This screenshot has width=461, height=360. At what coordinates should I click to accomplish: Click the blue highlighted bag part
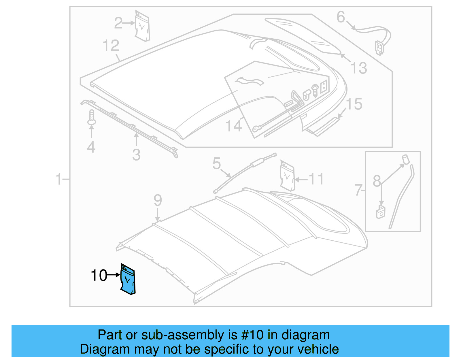tap(128, 280)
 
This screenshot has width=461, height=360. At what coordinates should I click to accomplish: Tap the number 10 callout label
tap(99, 275)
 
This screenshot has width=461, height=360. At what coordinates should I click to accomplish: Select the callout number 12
tap(111, 46)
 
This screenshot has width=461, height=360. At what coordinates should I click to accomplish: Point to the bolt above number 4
tap(92, 118)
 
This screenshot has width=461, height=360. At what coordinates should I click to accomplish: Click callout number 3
tap(136, 155)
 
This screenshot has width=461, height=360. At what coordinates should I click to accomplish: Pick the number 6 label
tap(341, 17)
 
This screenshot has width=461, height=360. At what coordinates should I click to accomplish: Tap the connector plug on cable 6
tap(379, 48)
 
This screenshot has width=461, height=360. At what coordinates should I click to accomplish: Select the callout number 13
tap(359, 68)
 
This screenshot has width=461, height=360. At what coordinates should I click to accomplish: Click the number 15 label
tap(354, 104)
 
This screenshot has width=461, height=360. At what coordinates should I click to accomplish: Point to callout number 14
tap(233, 126)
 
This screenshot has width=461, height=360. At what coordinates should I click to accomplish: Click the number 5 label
tap(217, 163)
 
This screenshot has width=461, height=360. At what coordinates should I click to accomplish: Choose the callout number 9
tap(158, 200)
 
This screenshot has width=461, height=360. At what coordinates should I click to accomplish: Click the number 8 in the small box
tap(377, 181)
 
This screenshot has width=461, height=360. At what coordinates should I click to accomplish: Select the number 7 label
tap(358, 190)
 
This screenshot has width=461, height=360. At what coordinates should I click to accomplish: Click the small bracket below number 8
tap(381, 212)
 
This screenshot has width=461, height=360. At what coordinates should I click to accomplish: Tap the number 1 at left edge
tap(59, 179)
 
